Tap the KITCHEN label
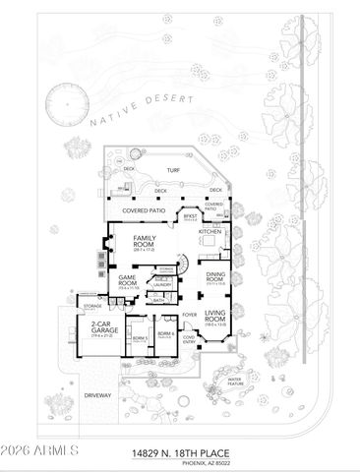pos(210,231)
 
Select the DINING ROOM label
pos(216,278)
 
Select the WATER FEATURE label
pos(235,380)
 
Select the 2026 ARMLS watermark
pos(40,451)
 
